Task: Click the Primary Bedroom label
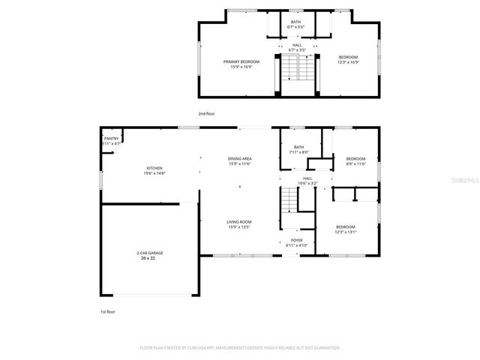tap(241, 61)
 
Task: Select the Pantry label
tap(111, 138)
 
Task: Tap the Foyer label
tap(297, 241)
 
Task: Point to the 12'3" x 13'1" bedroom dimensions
tap(346, 232)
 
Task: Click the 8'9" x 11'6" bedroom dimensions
tap(355, 163)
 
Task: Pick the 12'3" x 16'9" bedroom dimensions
tap(348, 62)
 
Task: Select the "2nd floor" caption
tap(206, 113)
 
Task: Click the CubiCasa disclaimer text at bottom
tap(240, 348)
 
